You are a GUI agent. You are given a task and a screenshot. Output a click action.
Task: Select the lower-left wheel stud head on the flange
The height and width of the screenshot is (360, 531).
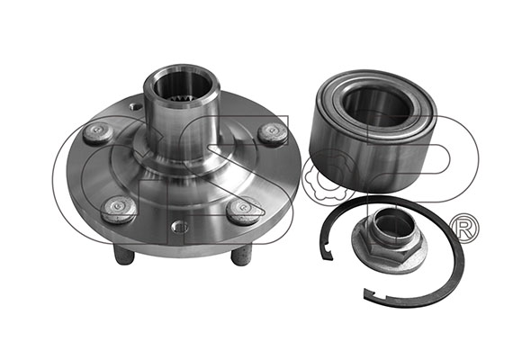click(x=118, y=208)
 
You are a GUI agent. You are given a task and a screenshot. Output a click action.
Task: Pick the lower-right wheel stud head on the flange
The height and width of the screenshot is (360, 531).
click(x=244, y=210)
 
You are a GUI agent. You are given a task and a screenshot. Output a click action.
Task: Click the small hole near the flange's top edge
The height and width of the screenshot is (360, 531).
click(x=136, y=107)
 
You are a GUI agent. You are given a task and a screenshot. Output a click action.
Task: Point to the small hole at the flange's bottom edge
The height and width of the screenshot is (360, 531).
click(x=180, y=226)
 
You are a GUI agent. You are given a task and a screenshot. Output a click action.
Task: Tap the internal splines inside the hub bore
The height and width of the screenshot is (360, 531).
click(x=179, y=100)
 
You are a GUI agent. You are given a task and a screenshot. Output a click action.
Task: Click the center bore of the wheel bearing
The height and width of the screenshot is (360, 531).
click(x=377, y=104)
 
